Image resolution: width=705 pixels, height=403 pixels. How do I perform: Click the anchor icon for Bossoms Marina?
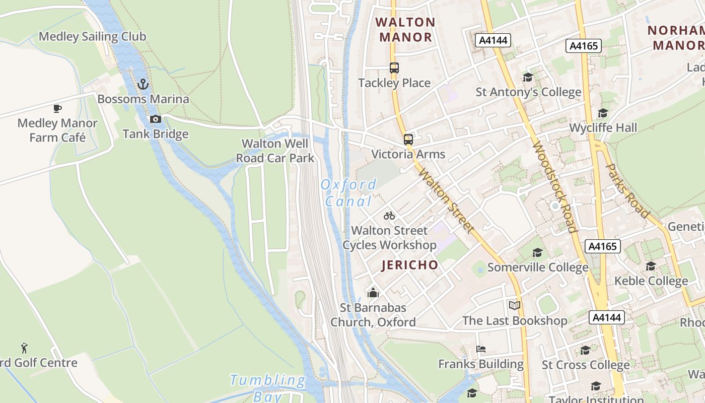click(143, 84)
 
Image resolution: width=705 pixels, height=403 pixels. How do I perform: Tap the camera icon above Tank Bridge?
click(156, 119)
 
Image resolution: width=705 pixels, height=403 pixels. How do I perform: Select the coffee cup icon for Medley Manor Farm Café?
click(57, 108)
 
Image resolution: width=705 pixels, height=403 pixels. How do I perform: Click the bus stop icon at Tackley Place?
click(394, 68)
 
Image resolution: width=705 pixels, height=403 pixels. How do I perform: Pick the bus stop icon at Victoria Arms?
click(408, 140)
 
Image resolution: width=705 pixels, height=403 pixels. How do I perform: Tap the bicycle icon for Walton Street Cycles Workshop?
click(389, 216)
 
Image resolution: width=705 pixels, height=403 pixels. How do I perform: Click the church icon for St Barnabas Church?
click(373, 292)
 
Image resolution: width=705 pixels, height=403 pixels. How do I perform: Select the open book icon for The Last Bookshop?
click(514, 306)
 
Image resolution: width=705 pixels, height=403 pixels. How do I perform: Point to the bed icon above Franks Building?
click(481, 349)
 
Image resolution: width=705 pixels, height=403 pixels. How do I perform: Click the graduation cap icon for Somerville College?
click(538, 252)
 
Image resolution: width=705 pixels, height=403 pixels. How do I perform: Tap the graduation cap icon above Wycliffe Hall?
click(603, 113)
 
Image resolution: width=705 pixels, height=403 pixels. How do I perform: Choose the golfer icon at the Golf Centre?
click(24, 348)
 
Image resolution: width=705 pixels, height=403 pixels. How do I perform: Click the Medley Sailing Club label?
click(93, 36)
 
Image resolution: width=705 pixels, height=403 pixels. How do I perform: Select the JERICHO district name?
click(409, 265)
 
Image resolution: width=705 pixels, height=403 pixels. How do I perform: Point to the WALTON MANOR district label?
click(405, 29)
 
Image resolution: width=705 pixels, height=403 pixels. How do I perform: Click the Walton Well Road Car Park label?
click(275, 151)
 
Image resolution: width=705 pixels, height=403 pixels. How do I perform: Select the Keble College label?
click(651, 281)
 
